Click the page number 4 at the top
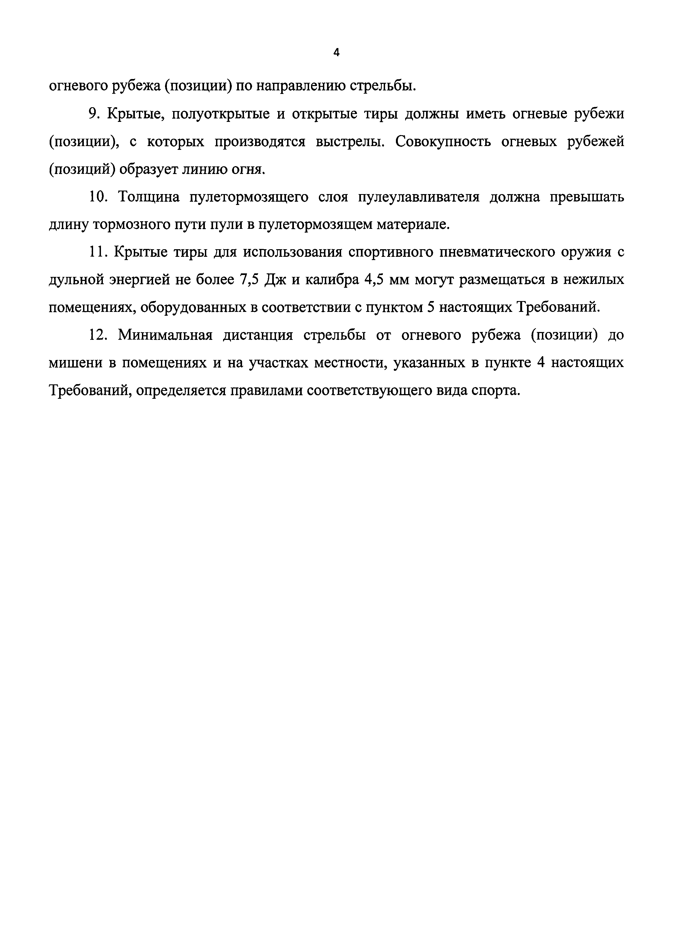click(336, 53)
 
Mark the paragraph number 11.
click(98, 252)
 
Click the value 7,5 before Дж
click(249, 280)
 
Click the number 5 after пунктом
click(430, 307)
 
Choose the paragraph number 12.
click(98, 335)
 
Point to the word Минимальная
click(165, 335)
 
